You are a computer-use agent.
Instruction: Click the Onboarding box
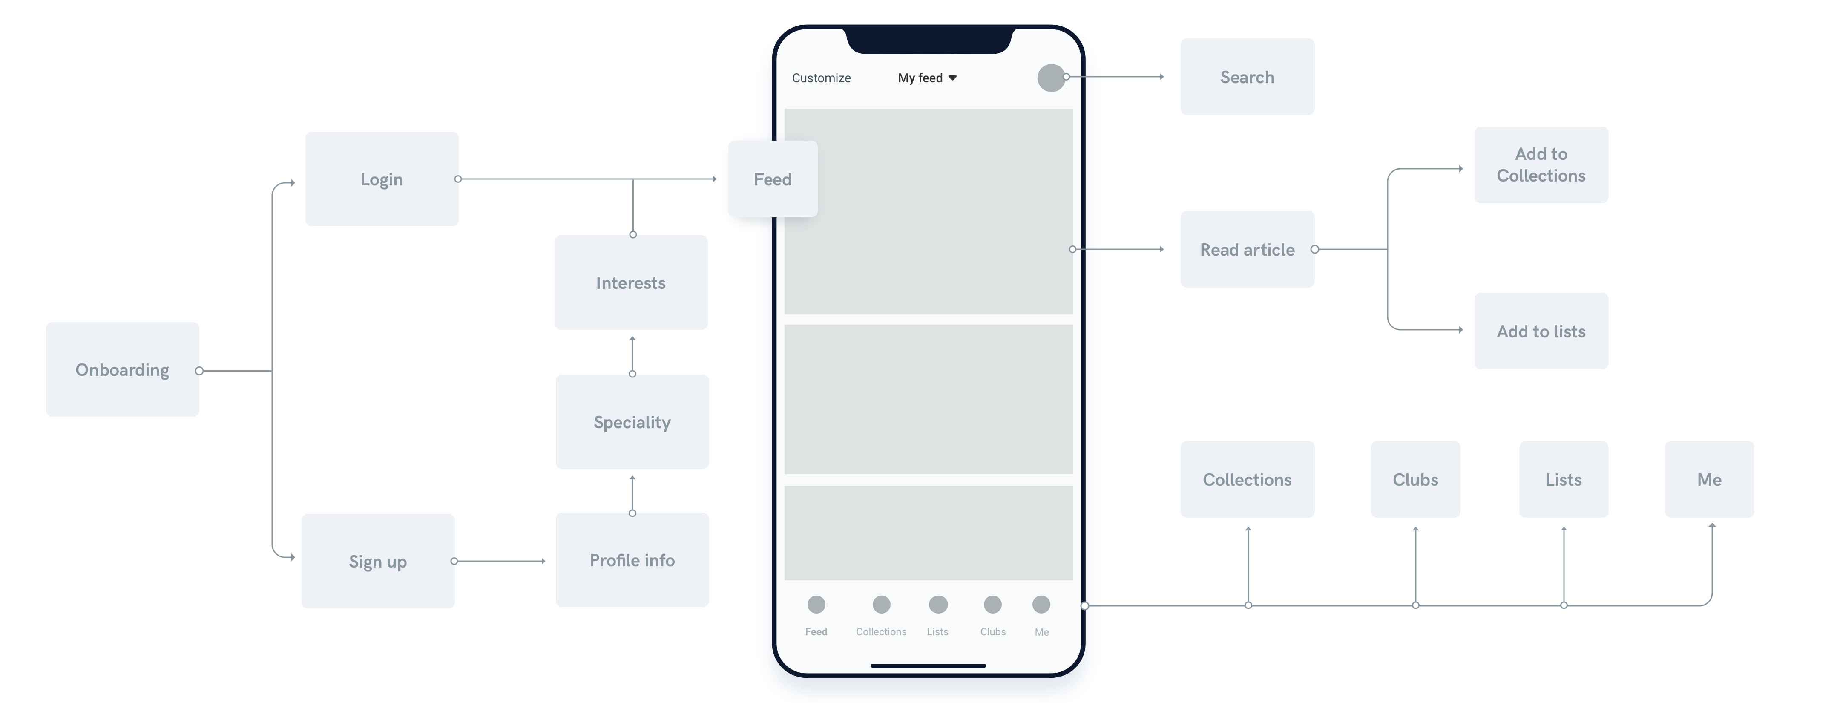click(122, 369)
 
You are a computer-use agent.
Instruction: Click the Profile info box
click(632, 560)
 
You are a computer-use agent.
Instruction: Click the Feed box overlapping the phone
click(772, 179)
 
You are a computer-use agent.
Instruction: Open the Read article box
click(1247, 249)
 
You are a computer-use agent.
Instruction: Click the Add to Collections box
click(1541, 165)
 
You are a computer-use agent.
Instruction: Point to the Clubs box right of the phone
click(1415, 479)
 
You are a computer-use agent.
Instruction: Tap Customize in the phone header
click(822, 78)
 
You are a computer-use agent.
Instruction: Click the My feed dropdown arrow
click(952, 78)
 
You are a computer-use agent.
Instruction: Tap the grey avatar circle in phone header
click(1051, 78)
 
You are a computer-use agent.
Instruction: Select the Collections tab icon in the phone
click(881, 605)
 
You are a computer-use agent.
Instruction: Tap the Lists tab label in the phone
click(937, 631)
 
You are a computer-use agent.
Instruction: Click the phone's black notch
click(929, 39)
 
